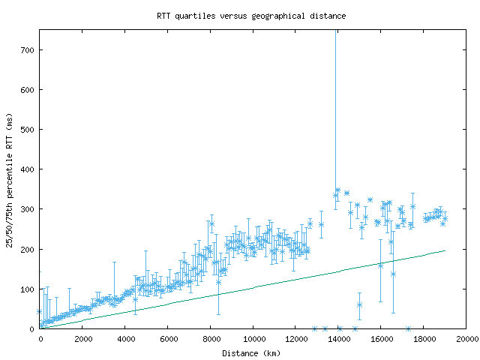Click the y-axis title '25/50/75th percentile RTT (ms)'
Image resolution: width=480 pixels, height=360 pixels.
click(x=10, y=179)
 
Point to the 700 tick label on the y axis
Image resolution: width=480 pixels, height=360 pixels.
click(x=27, y=50)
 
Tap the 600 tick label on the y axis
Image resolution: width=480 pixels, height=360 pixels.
click(x=27, y=90)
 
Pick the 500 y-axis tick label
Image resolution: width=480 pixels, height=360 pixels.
click(x=27, y=130)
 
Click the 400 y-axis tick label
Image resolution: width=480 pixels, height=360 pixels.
click(x=27, y=169)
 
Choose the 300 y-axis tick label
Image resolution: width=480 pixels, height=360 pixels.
click(x=27, y=209)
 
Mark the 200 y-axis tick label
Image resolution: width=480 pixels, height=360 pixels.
click(x=27, y=249)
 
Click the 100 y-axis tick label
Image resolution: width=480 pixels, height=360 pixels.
click(x=27, y=289)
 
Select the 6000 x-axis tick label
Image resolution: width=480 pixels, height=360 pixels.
click(x=168, y=340)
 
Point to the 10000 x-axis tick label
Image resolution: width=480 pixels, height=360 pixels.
click(x=253, y=340)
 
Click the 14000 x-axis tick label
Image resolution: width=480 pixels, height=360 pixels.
click(x=339, y=340)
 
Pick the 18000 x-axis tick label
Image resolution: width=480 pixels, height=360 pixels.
click(x=424, y=340)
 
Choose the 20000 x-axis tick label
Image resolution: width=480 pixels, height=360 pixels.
click(x=466, y=340)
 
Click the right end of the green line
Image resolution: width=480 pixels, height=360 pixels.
click(x=445, y=250)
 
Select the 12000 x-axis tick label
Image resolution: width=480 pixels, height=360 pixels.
click(x=296, y=340)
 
